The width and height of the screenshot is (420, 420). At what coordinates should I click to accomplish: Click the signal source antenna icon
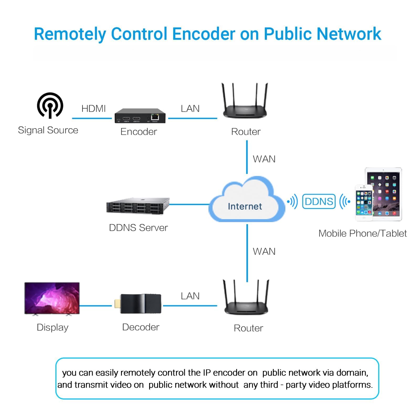(x=50, y=105)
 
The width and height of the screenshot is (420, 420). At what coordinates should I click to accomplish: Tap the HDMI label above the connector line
(x=93, y=108)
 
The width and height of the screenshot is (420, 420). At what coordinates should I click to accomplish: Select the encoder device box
(x=140, y=116)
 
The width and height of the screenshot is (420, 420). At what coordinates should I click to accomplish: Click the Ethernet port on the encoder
(x=155, y=117)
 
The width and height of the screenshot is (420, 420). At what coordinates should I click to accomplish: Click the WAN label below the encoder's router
(x=264, y=159)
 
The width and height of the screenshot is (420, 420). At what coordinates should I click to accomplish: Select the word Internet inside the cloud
(x=245, y=206)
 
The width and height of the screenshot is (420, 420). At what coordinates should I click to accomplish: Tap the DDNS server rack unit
(x=138, y=206)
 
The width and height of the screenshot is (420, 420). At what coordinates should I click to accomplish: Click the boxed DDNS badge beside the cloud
(x=319, y=201)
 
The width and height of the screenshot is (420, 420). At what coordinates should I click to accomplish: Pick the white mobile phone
(x=364, y=203)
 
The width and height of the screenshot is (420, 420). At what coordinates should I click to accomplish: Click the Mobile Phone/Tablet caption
(x=363, y=233)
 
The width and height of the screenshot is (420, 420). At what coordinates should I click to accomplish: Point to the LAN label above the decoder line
(x=190, y=296)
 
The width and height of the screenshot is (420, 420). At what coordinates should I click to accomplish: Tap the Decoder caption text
(x=141, y=327)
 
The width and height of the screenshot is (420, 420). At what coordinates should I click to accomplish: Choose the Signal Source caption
(x=48, y=130)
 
